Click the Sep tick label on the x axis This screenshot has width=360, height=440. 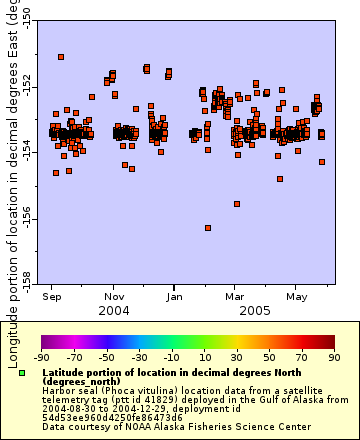click(x=53, y=297)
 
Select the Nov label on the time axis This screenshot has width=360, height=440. click(x=115, y=297)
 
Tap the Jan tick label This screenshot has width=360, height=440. click(x=175, y=297)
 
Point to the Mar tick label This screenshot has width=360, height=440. click(x=234, y=297)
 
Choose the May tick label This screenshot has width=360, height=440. click(x=296, y=297)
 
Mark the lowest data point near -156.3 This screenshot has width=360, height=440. click(x=208, y=228)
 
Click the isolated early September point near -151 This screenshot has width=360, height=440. click(x=62, y=57)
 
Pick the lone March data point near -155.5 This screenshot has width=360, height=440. click(x=237, y=204)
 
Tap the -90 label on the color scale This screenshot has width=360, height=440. click(x=41, y=357)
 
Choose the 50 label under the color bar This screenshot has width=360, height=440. click(x=269, y=357)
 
